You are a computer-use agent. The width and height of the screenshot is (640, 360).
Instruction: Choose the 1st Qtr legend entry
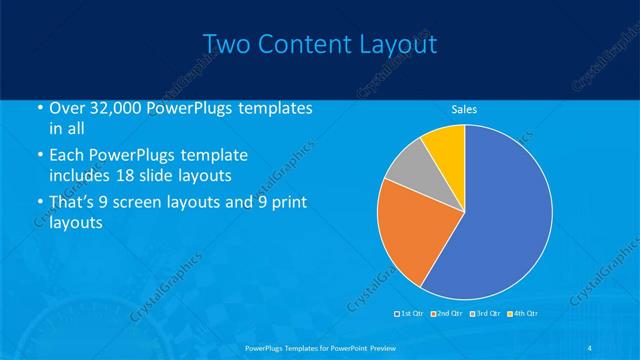pyautogui.click(x=411, y=314)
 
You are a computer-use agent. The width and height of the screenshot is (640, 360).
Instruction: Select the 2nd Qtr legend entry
pyautogui.click(x=447, y=314)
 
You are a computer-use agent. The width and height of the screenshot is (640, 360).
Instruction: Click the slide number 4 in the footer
pyautogui.click(x=590, y=347)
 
